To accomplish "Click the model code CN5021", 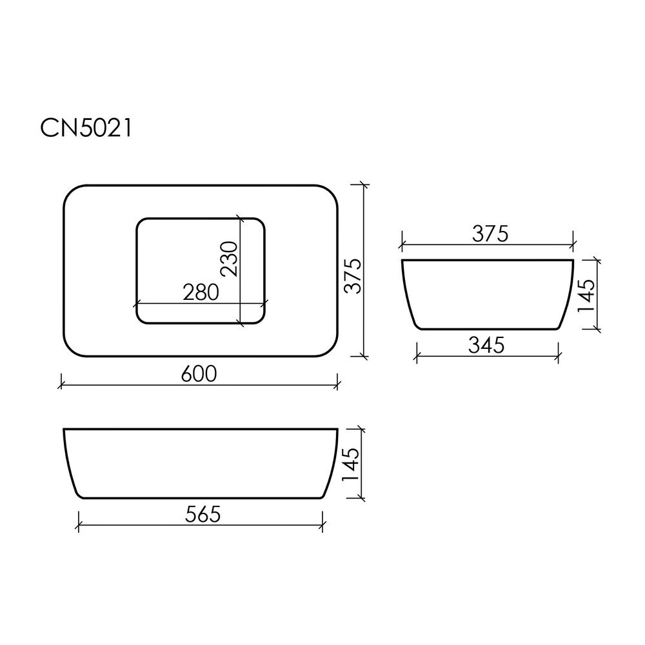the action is (x=86, y=128).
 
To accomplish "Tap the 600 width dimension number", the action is (x=199, y=374).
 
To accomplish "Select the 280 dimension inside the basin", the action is (x=201, y=292).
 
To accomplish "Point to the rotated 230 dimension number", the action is (x=229, y=259).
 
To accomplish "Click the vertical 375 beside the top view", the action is (x=353, y=276).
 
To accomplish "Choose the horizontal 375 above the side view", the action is (x=490, y=233).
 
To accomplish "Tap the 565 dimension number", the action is (x=203, y=514).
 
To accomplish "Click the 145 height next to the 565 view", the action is (x=351, y=464).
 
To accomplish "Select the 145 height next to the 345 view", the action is (x=586, y=296).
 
